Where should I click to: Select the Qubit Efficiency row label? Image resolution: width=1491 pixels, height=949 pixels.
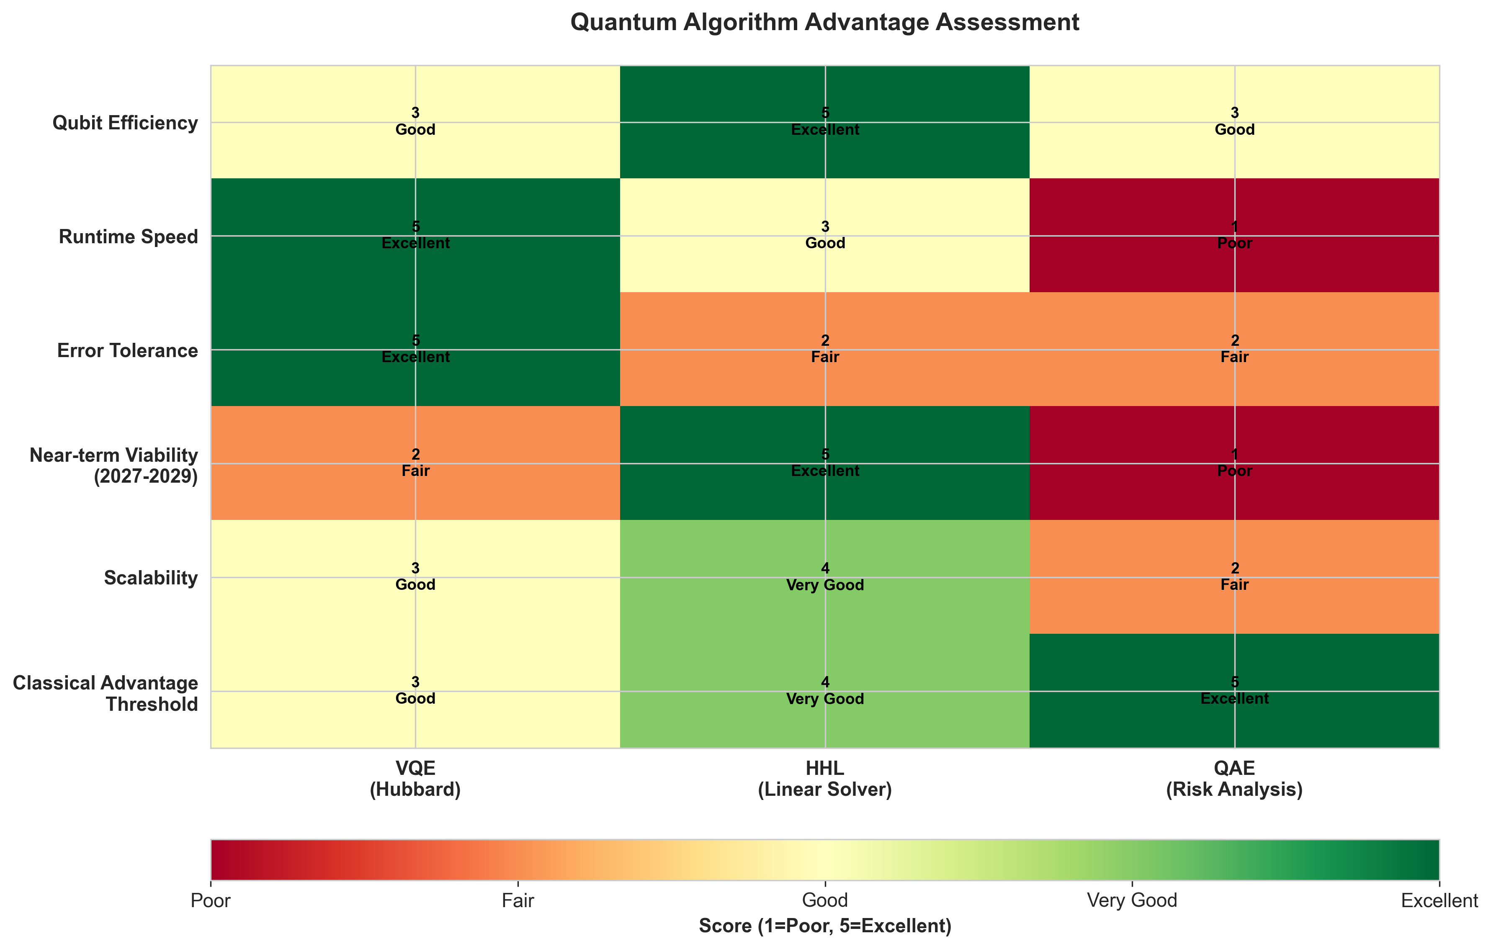(x=125, y=123)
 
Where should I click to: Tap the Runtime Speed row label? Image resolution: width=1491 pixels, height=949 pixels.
(x=128, y=237)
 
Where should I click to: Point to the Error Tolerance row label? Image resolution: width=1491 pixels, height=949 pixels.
(x=128, y=351)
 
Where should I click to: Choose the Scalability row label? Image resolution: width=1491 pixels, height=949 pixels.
(x=150, y=578)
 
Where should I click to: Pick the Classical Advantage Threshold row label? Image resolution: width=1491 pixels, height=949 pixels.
(x=105, y=693)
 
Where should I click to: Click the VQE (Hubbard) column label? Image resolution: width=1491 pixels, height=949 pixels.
(x=415, y=779)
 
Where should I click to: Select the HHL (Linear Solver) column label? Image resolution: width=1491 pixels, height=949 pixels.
(x=825, y=779)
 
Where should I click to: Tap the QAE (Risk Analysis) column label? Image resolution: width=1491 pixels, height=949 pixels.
(x=1234, y=779)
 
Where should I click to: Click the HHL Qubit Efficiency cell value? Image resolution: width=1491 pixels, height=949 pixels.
(x=825, y=122)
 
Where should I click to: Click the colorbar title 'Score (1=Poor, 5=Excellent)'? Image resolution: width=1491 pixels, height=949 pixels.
(x=825, y=926)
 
